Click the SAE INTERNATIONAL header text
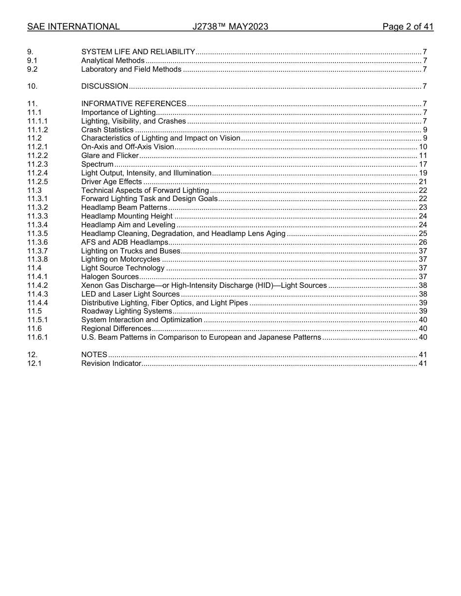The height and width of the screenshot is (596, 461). (73, 27)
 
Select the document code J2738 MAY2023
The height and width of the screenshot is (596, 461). (230, 27)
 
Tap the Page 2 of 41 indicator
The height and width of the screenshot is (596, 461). (408, 27)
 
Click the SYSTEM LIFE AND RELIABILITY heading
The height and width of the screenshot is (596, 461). (138, 52)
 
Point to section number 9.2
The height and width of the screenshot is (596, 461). (33, 69)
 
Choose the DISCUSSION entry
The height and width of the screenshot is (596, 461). (104, 87)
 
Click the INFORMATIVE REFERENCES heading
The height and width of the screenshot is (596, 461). (133, 104)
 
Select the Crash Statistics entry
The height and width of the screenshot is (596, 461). (107, 130)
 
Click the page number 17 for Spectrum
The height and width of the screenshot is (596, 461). (423, 164)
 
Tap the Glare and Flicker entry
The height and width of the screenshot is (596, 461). (110, 156)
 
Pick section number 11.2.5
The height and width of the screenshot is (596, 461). (37, 182)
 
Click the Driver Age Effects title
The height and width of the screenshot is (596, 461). (111, 182)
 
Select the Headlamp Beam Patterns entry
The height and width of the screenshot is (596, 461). (124, 207)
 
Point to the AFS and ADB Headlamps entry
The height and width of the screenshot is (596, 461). (125, 242)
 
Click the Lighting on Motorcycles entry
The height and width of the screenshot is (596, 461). (120, 260)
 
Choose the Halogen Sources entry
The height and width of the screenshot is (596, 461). (110, 277)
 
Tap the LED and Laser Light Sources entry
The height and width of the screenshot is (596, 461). (131, 294)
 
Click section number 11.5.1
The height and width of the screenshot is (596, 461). (37, 320)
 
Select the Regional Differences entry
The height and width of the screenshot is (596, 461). (116, 329)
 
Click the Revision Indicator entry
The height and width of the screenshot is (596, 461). (111, 363)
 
